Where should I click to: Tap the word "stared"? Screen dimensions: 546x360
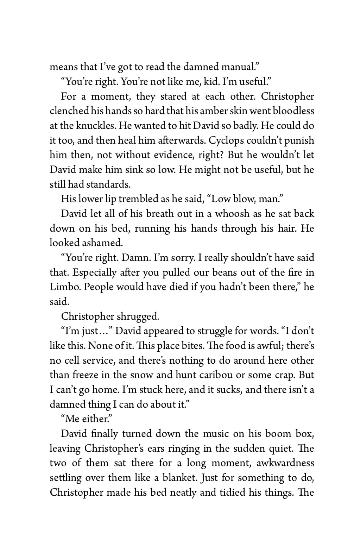tap(173, 96)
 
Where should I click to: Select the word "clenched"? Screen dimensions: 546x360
tap(69, 111)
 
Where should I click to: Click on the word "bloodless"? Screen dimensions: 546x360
tap(293, 111)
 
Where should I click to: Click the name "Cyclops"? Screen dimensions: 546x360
tap(226, 140)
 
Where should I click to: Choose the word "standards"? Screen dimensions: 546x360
tap(108, 184)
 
